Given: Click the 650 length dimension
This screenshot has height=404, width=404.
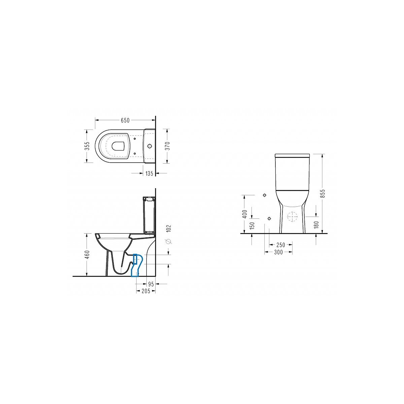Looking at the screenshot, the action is pyautogui.click(x=125, y=120).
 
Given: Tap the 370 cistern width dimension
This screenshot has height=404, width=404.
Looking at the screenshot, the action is pyautogui.click(x=168, y=146).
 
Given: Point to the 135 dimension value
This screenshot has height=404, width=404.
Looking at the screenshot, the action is pyautogui.click(x=149, y=173).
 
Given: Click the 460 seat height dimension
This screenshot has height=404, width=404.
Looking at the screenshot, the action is pyautogui.click(x=87, y=255).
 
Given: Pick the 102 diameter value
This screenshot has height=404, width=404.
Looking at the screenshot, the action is pyautogui.click(x=169, y=228).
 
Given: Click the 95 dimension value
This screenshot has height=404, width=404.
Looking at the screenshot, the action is pyautogui.click(x=151, y=284).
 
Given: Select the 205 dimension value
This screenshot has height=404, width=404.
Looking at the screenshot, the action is pyautogui.click(x=146, y=291).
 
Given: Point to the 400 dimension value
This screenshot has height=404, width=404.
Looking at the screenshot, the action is pyautogui.click(x=245, y=214).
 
